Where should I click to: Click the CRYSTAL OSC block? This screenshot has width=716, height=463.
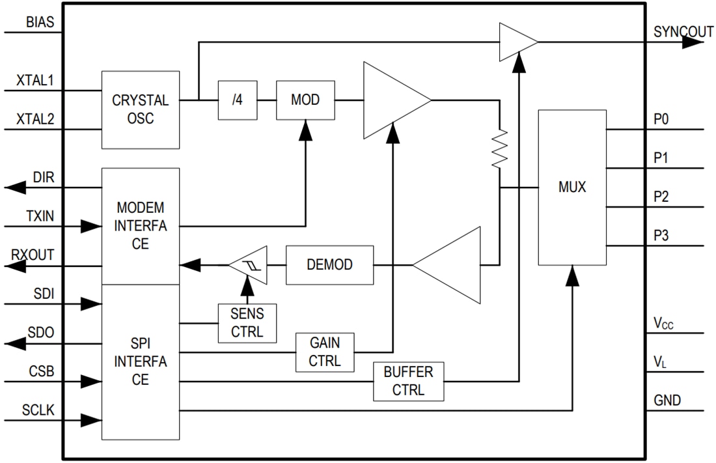[140, 109]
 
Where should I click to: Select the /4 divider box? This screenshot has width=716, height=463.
[237, 100]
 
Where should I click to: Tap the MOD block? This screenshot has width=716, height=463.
[305, 100]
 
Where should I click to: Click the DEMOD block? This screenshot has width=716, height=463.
[329, 265]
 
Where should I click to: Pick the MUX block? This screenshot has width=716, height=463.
[572, 188]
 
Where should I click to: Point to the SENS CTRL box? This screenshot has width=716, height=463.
[247, 323]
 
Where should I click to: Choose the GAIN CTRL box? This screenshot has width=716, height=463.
[325, 352]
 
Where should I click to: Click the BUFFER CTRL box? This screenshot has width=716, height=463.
[408, 382]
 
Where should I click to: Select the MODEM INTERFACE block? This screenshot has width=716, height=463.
[140, 226]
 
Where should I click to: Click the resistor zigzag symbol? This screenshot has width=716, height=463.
[499, 148]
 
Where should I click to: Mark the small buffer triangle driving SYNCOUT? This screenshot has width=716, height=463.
[517, 42]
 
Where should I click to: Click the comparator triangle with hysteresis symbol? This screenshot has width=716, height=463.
[248, 265]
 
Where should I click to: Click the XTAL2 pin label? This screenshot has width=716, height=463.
[35, 119]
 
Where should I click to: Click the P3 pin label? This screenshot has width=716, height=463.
[661, 236]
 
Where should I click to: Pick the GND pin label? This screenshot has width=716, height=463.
[667, 400]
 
